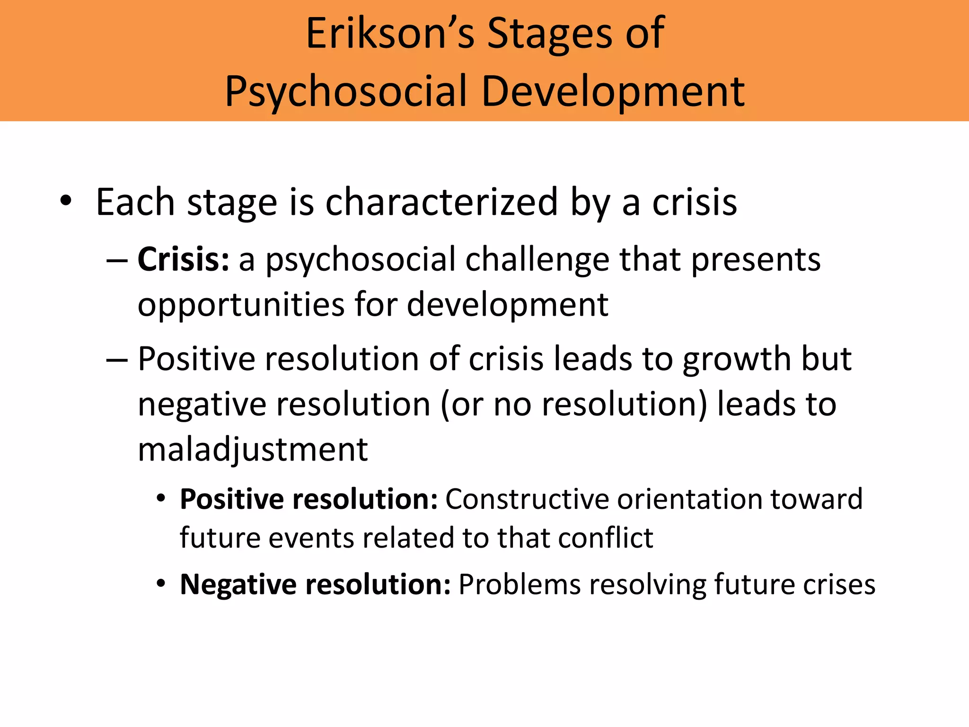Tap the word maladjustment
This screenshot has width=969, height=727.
tap(253, 449)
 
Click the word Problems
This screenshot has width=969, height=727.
tap(519, 584)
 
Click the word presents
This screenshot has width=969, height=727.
tap(756, 260)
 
